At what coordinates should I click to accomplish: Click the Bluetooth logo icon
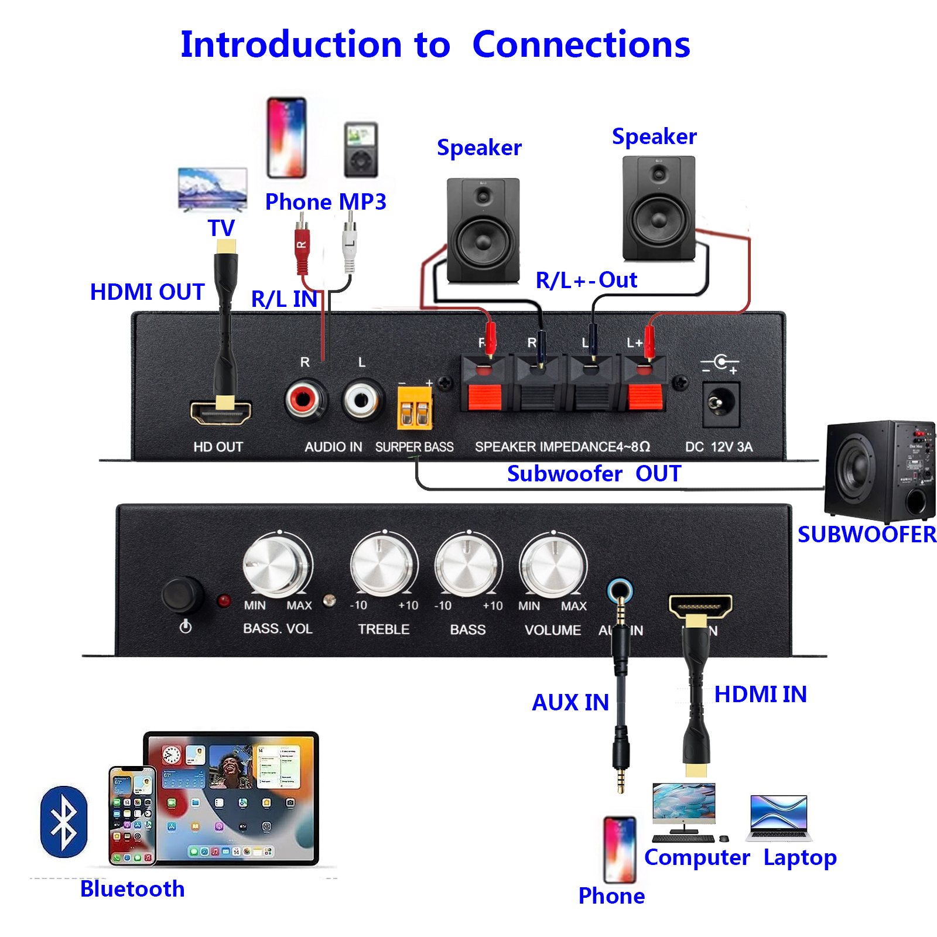64,822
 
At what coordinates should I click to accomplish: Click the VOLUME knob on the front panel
552,565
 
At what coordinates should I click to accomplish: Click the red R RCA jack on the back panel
303,400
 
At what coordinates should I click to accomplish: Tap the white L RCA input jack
361,400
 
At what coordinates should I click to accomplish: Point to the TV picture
213,189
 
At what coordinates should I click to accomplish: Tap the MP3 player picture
361,149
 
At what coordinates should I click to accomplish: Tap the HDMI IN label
760,695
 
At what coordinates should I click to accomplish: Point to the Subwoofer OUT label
593,473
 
